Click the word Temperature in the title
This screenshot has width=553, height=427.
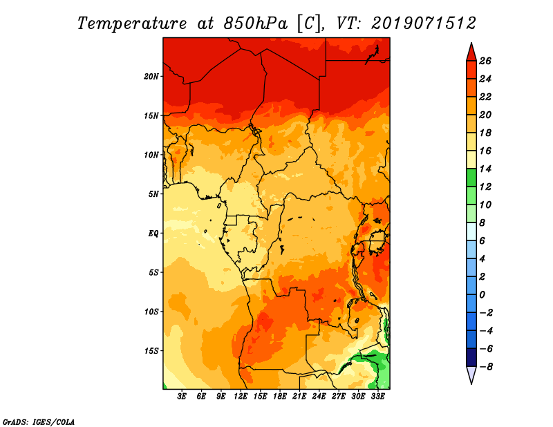point(132,23)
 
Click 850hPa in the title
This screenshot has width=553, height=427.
point(256,23)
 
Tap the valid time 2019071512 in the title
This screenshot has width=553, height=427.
point(424,23)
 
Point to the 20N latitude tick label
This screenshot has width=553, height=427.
point(151,77)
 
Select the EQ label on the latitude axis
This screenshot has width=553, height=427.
point(153,234)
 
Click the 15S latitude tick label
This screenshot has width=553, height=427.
point(151,351)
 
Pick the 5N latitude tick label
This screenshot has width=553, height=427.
point(153,194)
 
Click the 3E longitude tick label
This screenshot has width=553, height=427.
point(182,397)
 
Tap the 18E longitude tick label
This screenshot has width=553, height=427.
point(280,397)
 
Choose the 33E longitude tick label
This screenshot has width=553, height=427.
point(377,397)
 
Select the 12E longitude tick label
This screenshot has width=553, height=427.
point(241,397)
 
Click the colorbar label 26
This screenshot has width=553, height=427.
point(485,61)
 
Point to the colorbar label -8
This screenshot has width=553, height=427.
point(485,367)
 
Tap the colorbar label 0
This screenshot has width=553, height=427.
point(482,295)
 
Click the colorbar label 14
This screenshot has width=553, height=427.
point(485,169)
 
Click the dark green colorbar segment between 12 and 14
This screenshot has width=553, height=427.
point(471,178)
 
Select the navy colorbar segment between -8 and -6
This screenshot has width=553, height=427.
point(471,357)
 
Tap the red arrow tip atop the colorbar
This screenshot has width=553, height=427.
point(471,43)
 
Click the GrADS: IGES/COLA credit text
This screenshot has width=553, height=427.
point(39,422)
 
